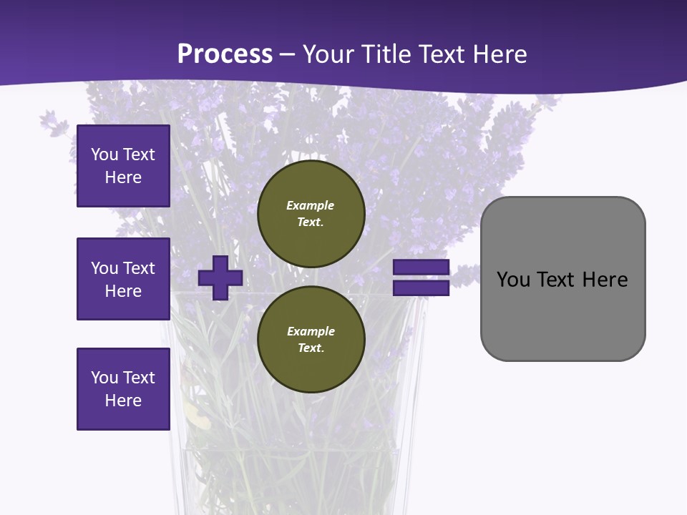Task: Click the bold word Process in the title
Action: pos(225,54)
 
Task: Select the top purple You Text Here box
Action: pos(123,166)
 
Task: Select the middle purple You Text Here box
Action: pos(123,279)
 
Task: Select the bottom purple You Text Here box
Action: pos(123,389)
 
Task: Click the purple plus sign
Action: pos(220,278)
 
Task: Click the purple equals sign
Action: pos(421,278)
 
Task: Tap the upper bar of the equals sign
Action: pos(421,268)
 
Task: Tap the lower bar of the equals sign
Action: pos(421,288)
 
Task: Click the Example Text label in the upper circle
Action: pos(311,213)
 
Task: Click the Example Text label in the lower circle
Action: pos(311,339)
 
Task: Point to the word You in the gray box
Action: pos(513,279)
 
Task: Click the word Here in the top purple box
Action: pos(123,177)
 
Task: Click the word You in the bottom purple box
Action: pos(104,378)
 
